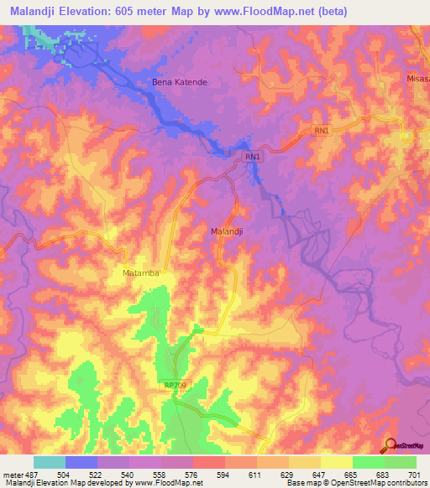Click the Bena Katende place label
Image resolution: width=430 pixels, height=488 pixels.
[179, 82]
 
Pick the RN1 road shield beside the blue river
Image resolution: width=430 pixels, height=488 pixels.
[254, 157]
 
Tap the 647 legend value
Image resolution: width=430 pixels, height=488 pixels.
[318, 474]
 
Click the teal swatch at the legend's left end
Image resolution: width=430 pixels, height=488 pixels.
[50, 462]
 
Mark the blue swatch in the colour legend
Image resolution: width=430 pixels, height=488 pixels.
[81, 462]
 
